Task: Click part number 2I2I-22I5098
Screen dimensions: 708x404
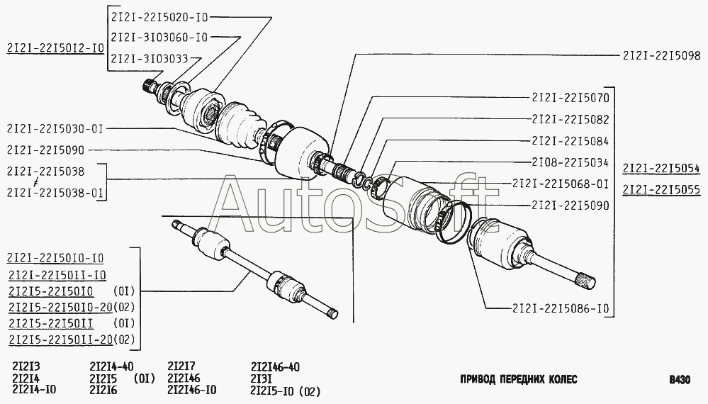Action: [x=661, y=55]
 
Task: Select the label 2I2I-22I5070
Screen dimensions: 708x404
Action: [x=571, y=98]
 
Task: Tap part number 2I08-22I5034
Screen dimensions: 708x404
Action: [x=571, y=162]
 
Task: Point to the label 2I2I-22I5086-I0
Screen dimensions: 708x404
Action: [x=561, y=308]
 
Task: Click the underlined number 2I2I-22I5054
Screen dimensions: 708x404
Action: [x=661, y=169]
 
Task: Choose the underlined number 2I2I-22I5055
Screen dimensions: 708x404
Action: [x=661, y=189]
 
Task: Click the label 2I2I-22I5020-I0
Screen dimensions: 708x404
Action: [x=159, y=17]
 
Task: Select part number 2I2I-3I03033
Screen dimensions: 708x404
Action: [x=150, y=59]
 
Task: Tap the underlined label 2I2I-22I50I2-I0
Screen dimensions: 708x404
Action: [x=55, y=48]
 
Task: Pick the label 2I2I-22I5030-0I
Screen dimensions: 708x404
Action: [x=55, y=129]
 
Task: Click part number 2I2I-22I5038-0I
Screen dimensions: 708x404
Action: [x=55, y=193]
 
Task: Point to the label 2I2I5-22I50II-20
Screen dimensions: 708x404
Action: [x=60, y=339]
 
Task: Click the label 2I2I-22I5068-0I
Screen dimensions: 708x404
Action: [x=561, y=184]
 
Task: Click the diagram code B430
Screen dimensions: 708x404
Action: [x=680, y=380]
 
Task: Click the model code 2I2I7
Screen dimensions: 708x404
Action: [x=181, y=366]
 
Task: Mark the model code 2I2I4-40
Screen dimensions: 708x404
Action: [x=111, y=366]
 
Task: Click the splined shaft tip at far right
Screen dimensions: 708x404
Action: [x=588, y=280]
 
